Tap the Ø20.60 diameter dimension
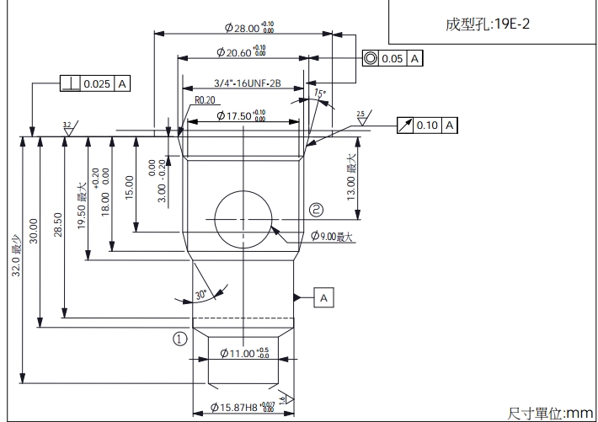[241, 53]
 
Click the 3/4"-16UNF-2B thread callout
[246, 83]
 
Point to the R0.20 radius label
[206, 99]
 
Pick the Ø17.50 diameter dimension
[241, 115]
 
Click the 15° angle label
[319, 93]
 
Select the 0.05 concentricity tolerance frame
[392, 59]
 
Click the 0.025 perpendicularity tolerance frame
[96, 83]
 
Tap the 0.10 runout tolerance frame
[427, 126]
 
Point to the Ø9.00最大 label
[332, 237]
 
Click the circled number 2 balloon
[317, 209]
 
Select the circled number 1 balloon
[179, 339]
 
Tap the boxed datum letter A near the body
[325, 297]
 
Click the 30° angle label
[200, 296]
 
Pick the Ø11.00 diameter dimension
[244, 353]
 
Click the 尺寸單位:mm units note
[550, 413]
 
